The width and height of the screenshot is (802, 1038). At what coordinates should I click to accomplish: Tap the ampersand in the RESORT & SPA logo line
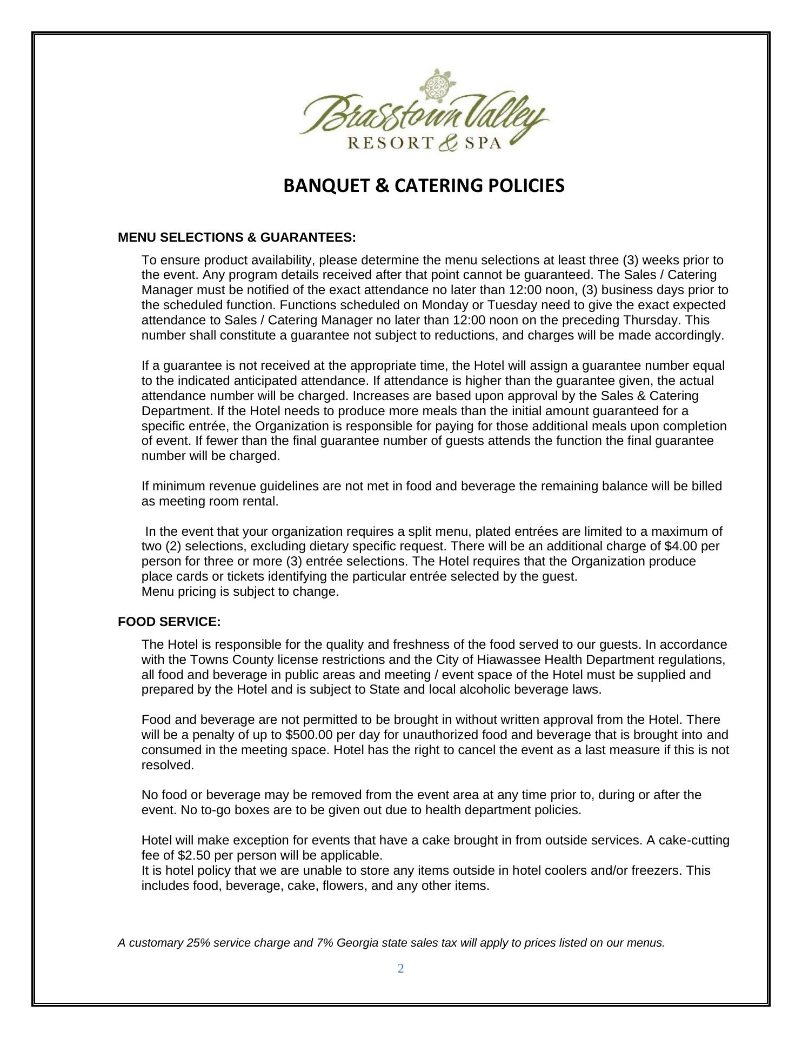(x=449, y=143)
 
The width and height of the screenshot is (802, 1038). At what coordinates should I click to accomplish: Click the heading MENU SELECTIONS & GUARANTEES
(x=237, y=238)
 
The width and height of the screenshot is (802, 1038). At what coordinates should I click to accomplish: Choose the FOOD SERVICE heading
(x=169, y=622)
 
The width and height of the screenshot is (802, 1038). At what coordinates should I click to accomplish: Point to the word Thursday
(x=651, y=320)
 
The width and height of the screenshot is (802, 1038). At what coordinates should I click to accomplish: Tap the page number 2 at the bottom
(x=400, y=969)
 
